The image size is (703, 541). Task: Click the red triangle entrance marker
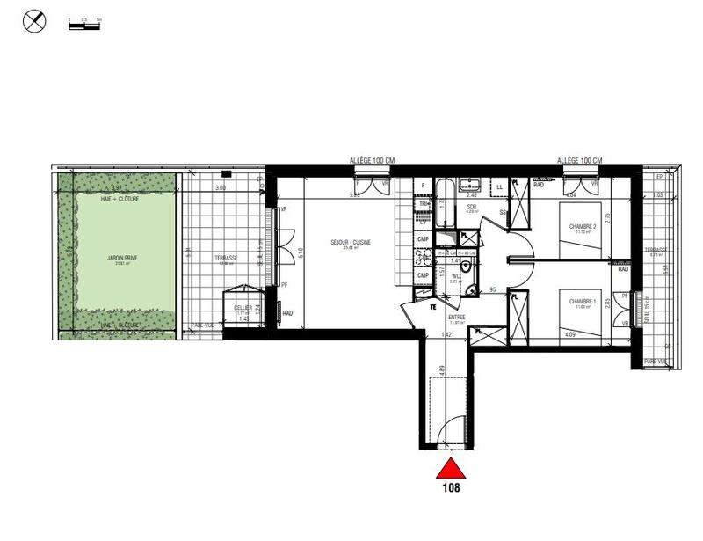pos(450,467)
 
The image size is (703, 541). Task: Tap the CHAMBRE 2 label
pos(583,227)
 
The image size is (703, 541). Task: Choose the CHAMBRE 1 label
pos(583,302)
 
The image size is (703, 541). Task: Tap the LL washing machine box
pos(500,186)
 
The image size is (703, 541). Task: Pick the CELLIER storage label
pos(243,307)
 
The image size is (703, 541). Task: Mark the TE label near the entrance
pos(433,307)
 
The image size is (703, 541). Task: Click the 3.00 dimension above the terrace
pos(221,187)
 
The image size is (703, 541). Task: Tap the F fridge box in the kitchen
pos(423,186)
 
